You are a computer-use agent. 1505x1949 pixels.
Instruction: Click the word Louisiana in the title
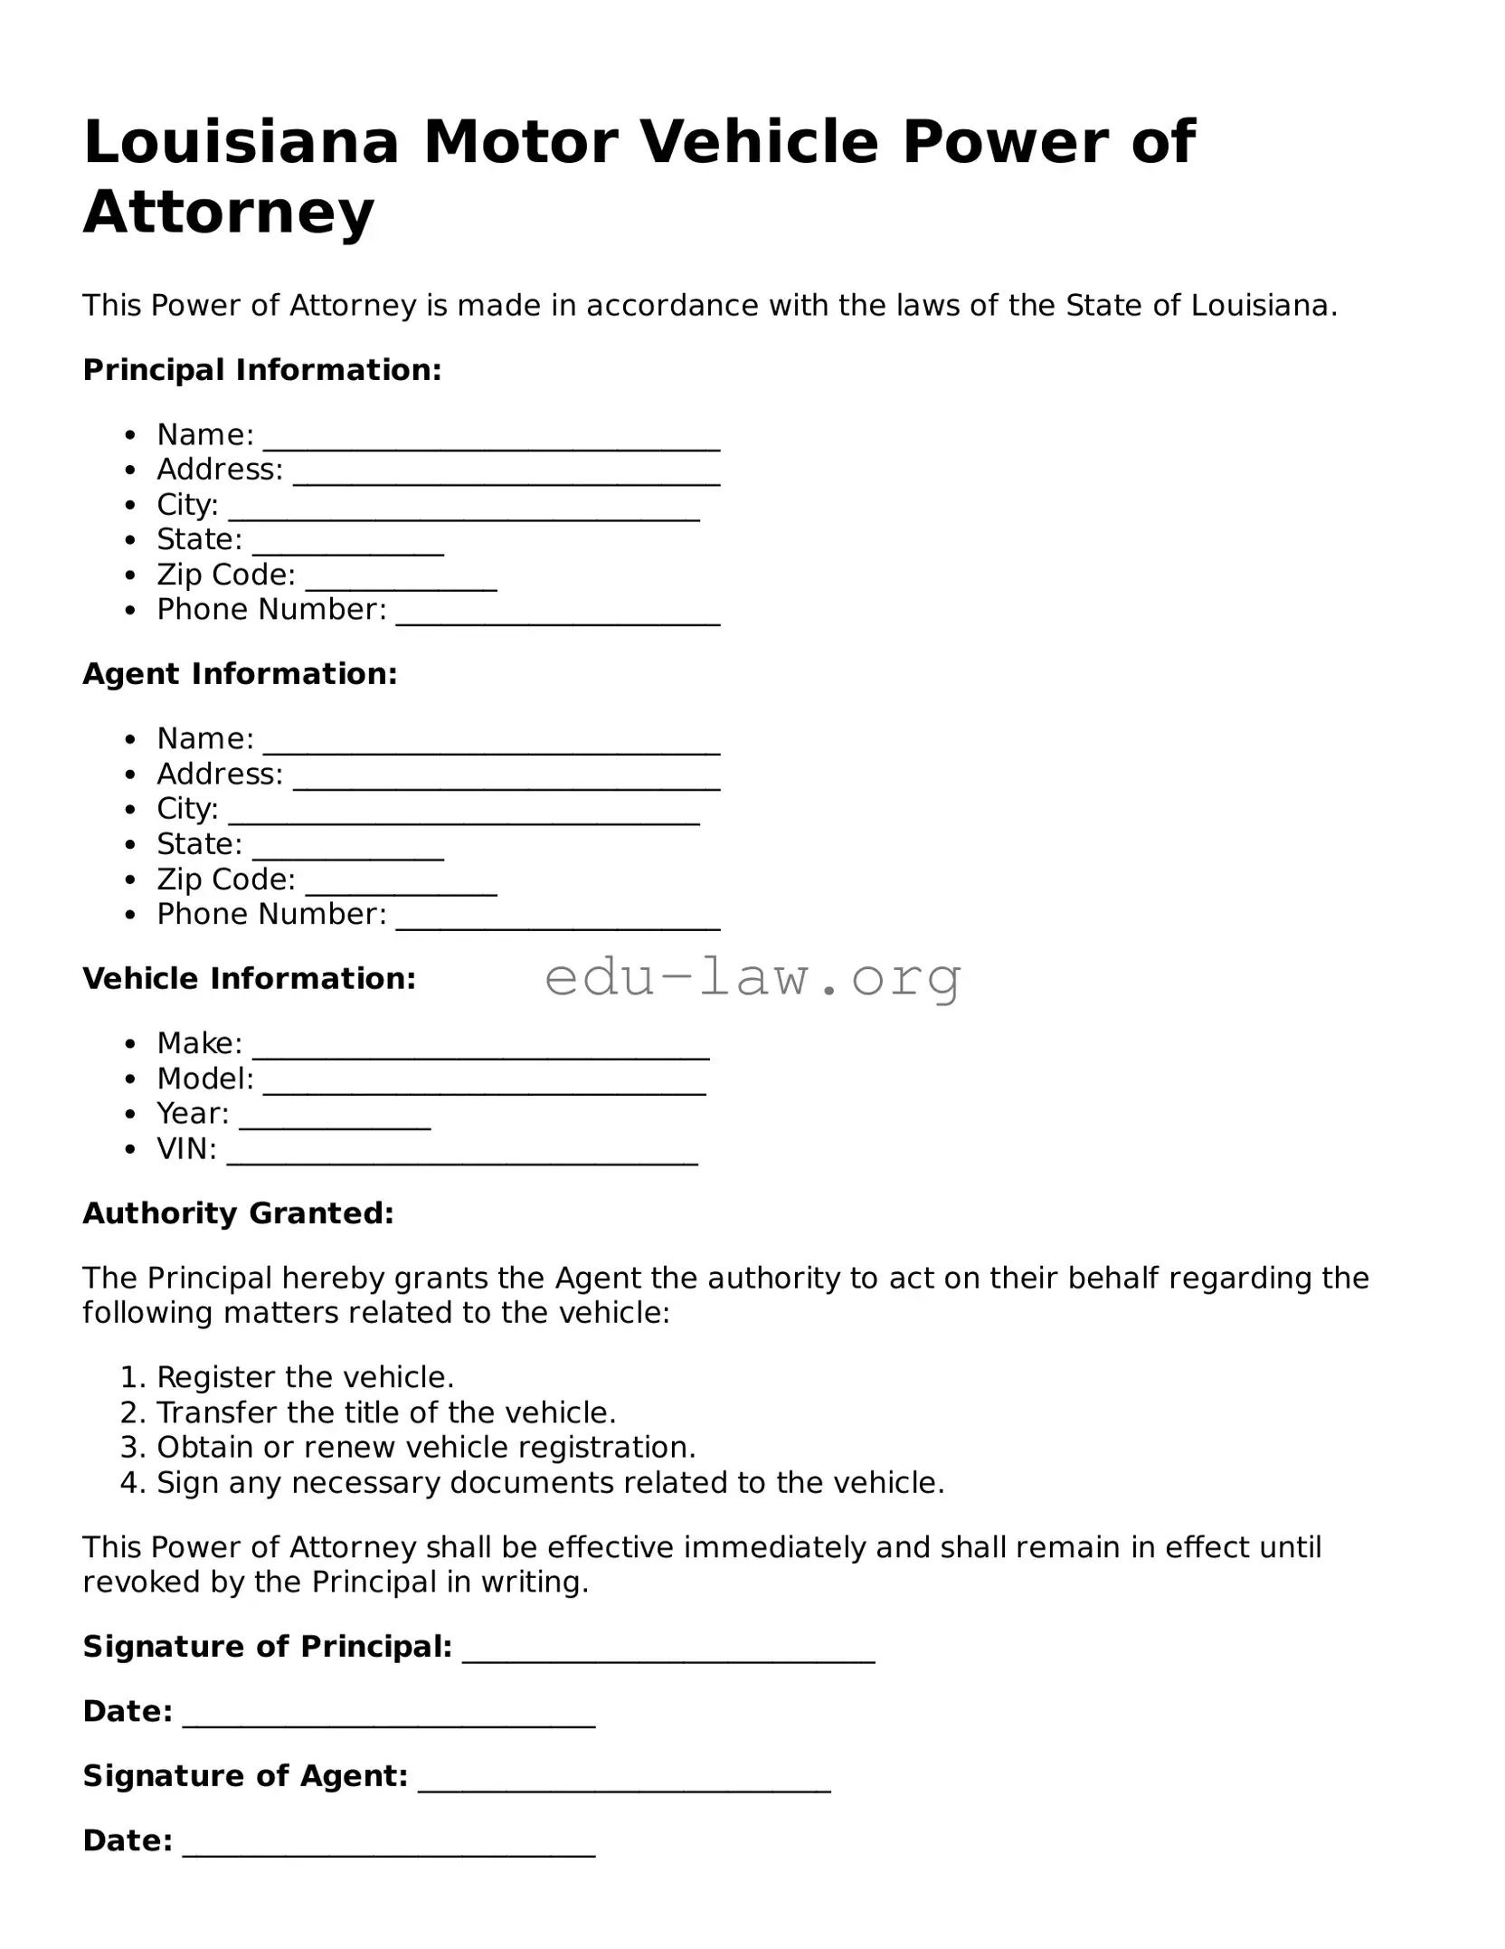pos(241,143)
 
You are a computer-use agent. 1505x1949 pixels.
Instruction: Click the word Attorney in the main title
pos(228,213)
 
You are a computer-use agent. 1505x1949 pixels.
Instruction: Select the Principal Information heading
pos(262,370)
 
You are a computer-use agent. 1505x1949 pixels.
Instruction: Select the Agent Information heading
pos(240,674)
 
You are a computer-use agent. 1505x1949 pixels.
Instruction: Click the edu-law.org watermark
pos(752,977)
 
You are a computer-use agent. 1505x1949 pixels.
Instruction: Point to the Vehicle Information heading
pos(249,979)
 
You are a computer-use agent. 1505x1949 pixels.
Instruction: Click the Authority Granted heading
pos(239,1213)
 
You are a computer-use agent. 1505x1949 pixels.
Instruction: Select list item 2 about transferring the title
pos(386,1412)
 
